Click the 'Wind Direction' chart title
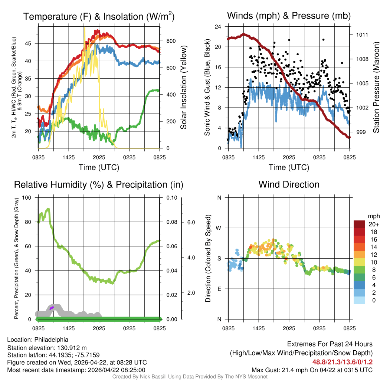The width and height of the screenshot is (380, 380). (x=289, y=184)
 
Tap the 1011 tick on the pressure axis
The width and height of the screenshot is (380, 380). (x=362, y=35)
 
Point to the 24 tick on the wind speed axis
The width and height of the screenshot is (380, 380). (x=218, y=27)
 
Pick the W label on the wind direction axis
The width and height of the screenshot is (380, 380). (x=219, y=228)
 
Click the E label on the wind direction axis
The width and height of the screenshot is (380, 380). (x=219, y=289)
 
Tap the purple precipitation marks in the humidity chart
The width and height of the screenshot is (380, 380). (x=52, y=308)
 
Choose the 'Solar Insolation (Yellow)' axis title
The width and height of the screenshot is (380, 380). (x=183, y=88)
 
